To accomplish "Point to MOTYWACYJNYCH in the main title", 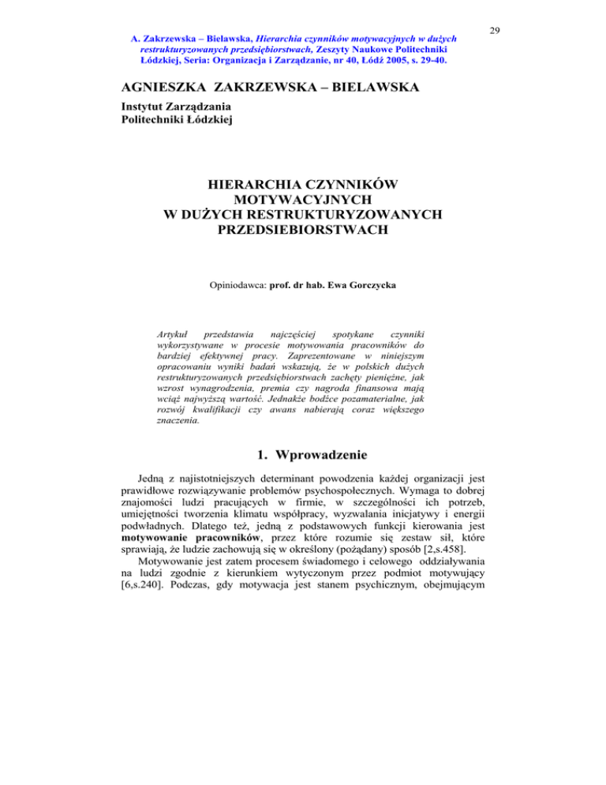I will tap(302, 201).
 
